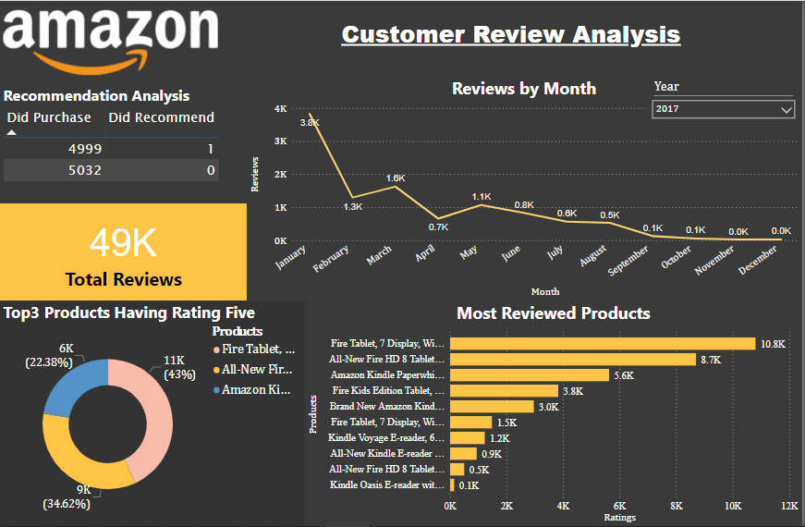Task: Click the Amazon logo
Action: (110, 38)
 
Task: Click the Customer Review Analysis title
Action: (510, 35)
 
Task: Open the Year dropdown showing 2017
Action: (723, 109)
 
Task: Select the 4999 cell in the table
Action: (85, 149)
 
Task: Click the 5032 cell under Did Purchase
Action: (85, 170)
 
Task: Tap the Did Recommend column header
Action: (161, 117)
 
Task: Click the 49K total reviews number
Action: (123, 243)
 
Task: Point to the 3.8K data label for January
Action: (310, 122)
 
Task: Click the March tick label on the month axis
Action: (378, 256)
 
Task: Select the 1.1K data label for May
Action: (481, 197)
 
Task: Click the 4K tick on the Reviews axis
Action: (280, 109)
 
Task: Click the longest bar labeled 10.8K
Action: (602, 344)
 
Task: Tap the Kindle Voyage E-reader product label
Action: (387, 438)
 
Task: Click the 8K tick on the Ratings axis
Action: (676, 507)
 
